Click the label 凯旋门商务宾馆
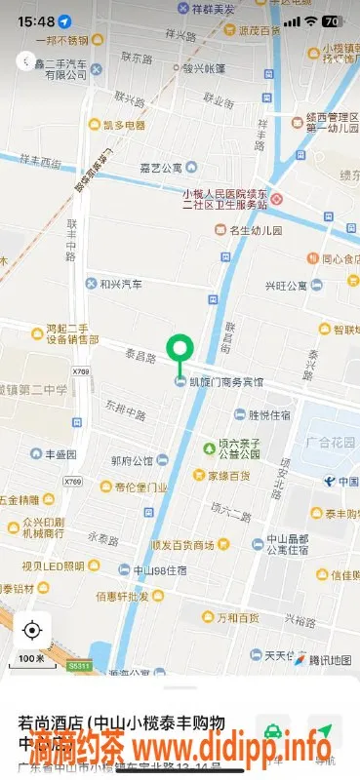[224, 381]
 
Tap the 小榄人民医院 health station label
[224, 198]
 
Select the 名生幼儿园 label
[255, 231]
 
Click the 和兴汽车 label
[120, 284]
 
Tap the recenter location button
[33, 630]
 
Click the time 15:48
[35, 20]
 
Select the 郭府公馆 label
[133, 460]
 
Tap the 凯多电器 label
[124, 125]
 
